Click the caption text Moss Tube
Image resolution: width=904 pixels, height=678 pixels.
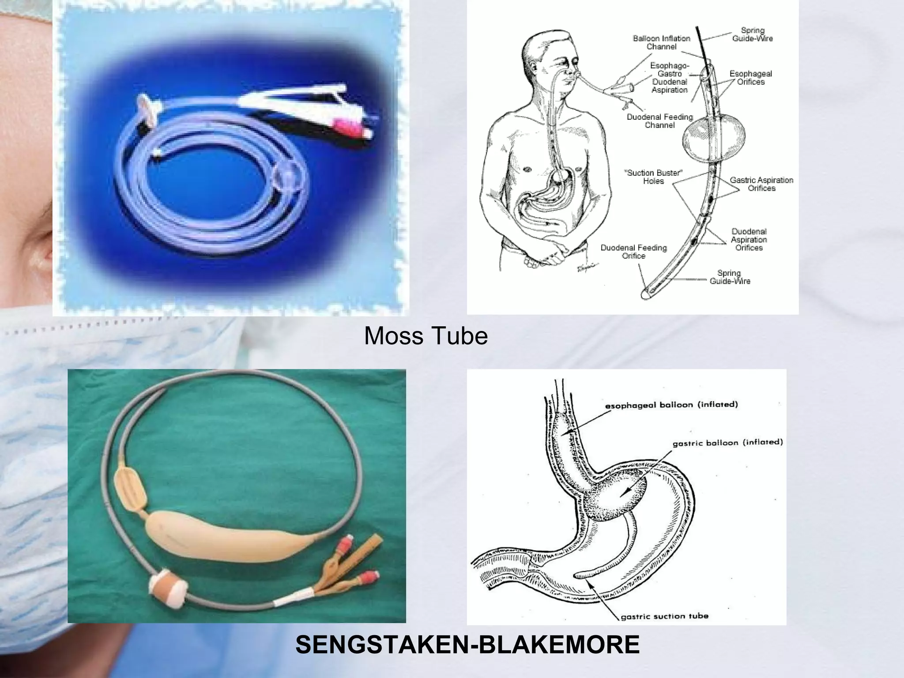point(426,336)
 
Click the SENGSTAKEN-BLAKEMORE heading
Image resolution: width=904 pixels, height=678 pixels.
point(467,645)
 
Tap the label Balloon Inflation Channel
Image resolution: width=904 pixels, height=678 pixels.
point(661,42)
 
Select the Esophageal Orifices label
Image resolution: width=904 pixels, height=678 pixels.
point(750,78)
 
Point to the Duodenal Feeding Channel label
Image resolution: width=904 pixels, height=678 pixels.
point(659,121)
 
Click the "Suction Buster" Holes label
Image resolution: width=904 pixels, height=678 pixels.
point(653,177)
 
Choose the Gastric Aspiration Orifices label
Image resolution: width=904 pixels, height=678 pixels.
point(761,184)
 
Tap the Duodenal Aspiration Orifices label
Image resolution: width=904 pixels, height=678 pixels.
point(749,240)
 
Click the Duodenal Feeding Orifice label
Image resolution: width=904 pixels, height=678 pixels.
point(633,252)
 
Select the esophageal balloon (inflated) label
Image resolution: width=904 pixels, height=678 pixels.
point(671,405)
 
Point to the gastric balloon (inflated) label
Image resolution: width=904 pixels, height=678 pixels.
point(727,442)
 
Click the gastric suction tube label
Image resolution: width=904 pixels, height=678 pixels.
point(664,616)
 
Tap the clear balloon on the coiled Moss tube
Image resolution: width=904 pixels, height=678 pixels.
point(286,178)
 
